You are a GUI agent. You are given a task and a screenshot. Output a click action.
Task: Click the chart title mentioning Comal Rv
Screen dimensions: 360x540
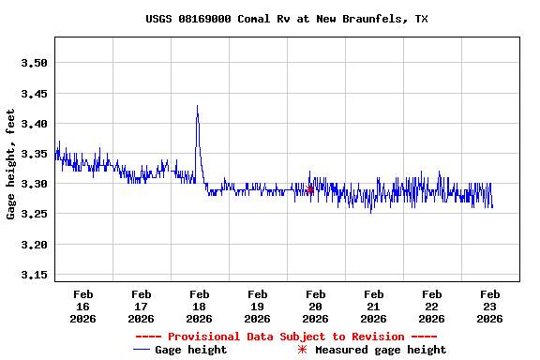click(287, 19)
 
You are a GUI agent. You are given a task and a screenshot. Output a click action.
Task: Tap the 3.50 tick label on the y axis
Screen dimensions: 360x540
click(34, 63)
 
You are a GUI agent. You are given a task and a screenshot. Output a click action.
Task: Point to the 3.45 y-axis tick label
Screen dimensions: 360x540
click(34, 94)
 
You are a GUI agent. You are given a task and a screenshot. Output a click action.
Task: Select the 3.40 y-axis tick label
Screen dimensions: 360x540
click(34, 124)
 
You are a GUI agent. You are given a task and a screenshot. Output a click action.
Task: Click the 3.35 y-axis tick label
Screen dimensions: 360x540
click(34, 154)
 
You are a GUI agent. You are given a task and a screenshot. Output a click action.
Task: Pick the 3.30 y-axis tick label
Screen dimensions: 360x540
click(34, 184)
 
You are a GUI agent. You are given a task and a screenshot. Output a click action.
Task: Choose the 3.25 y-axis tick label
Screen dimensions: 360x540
click(34, 215)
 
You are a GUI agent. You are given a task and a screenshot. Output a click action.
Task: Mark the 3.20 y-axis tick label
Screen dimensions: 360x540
click(34, 245)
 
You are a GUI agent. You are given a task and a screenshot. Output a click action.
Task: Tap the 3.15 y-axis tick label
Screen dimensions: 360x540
click(34, 275)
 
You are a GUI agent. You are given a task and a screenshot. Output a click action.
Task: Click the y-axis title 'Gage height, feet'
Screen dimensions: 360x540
click(11, 164)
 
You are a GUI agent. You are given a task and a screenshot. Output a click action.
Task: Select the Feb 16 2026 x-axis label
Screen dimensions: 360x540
click(82, 307)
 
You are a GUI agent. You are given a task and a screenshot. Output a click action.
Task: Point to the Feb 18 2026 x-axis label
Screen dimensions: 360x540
click(199, 307)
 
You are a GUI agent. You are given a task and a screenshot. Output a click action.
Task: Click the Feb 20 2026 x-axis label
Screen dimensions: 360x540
click(315, 307)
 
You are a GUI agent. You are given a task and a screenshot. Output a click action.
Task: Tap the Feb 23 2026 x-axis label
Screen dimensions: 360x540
click(489, 307)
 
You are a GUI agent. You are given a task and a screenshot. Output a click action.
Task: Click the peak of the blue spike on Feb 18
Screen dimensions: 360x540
click(197, 107)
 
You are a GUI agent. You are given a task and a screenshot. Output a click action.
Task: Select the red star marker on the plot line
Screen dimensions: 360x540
click(309, 189)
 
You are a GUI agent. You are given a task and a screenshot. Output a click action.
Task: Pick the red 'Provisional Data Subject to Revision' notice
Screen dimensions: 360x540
click(286, 336)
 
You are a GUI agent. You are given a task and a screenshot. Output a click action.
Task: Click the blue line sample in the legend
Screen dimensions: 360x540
click(142, 350)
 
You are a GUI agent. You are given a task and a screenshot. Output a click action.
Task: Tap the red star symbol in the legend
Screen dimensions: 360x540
click(302, 350)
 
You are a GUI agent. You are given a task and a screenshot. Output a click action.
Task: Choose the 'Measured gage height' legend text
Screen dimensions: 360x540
click(381, 350)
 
